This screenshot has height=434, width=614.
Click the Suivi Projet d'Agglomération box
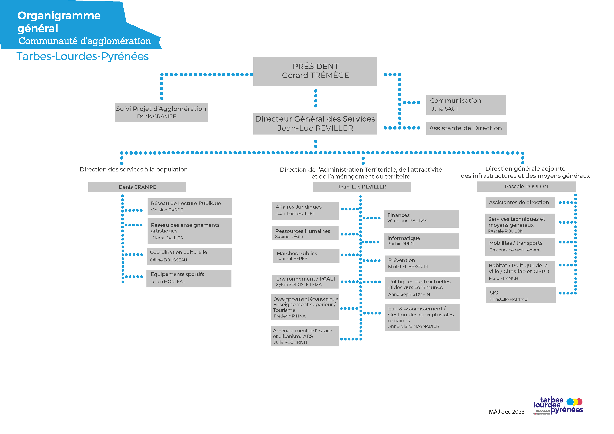161,112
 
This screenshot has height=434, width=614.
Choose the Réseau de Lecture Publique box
190,207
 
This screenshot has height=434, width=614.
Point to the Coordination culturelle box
189,256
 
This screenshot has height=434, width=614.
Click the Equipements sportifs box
189,278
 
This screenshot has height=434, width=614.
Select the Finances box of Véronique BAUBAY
421,219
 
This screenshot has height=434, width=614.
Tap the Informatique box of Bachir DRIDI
422,241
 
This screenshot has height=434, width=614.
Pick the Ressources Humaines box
305,233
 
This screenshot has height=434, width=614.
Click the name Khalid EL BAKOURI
408,267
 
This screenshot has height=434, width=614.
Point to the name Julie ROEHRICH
290,342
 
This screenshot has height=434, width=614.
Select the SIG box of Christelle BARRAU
520,295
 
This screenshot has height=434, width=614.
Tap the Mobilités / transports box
520,247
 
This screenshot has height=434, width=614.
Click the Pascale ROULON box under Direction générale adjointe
526,187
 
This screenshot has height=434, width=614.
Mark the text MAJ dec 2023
507,412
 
